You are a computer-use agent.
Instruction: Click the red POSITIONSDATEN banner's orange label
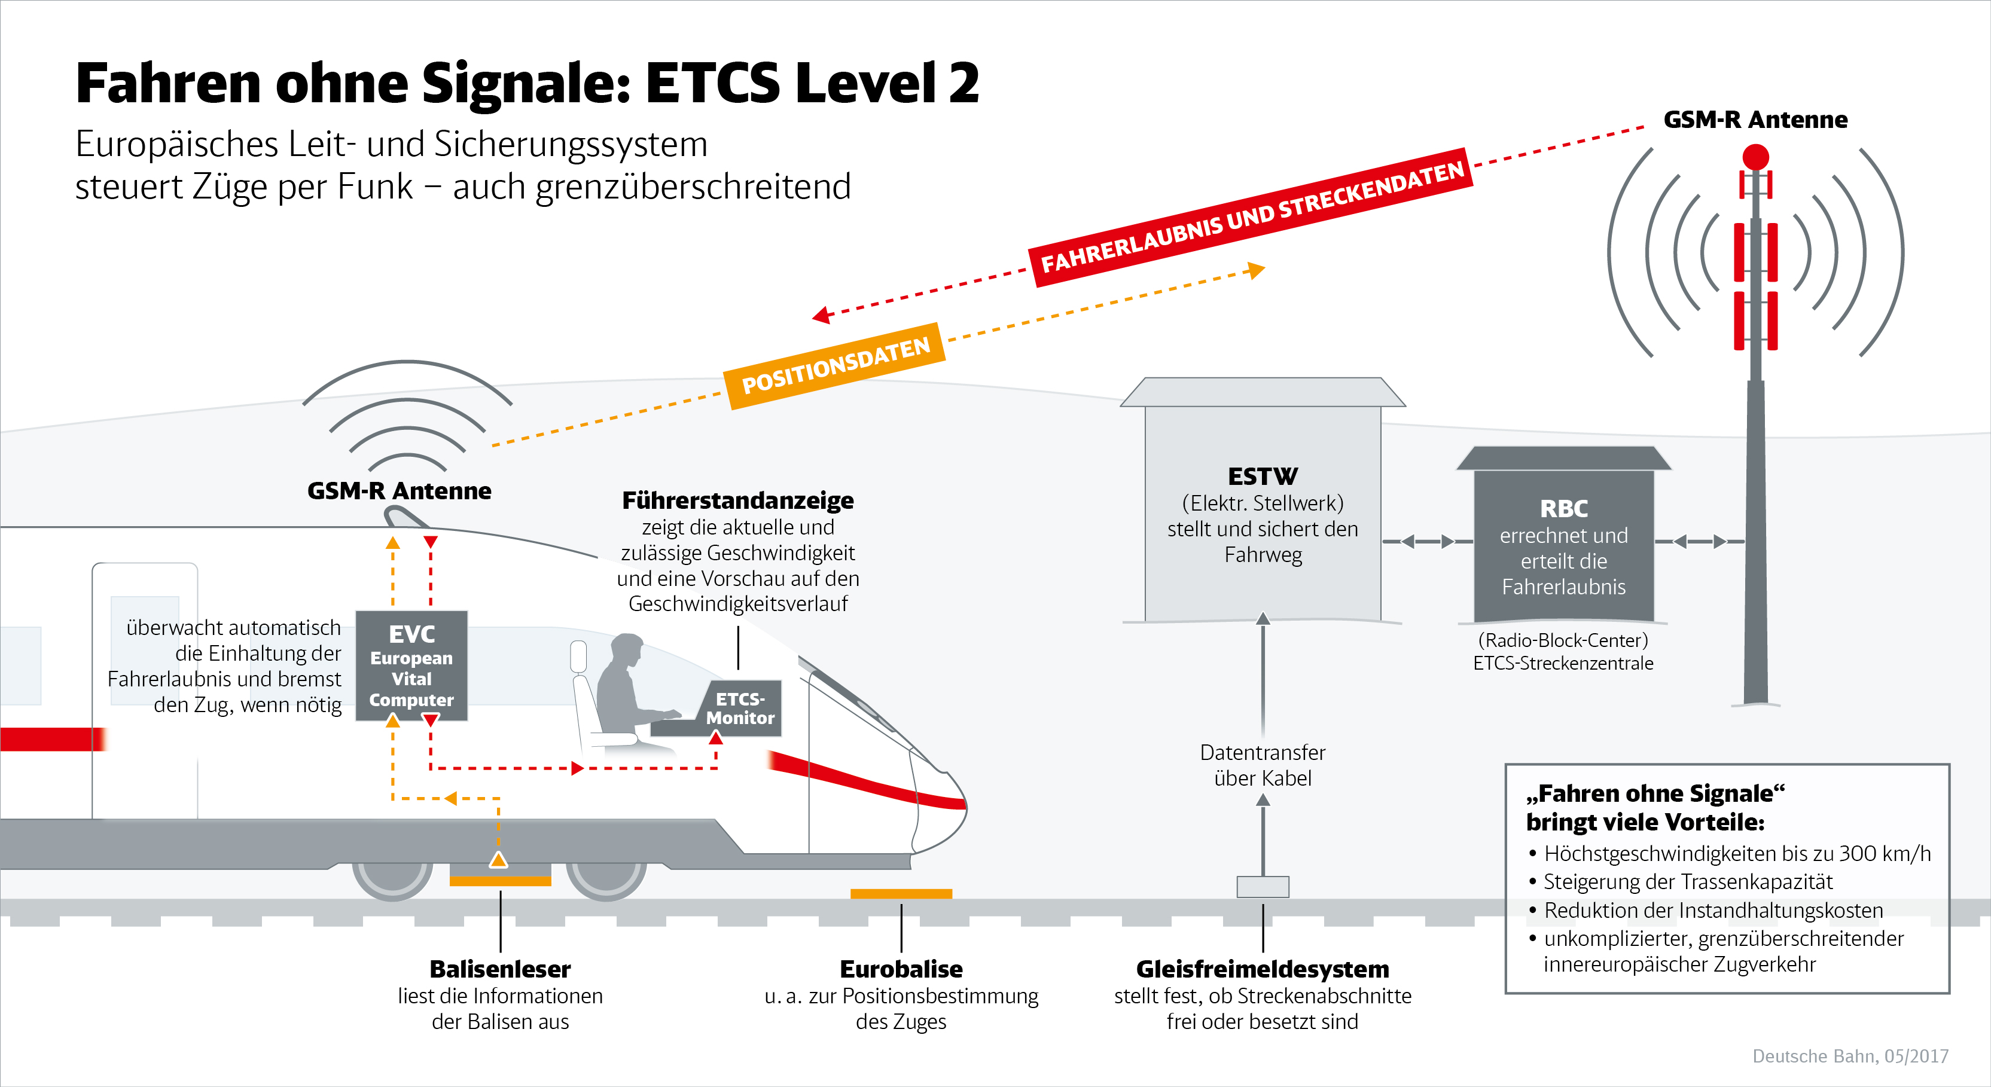pos(835,365)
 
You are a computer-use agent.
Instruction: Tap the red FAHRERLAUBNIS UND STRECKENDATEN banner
pos(1251,217)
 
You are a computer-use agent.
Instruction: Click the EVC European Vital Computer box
pos(411,666)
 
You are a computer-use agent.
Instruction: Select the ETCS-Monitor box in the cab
pos(740,709)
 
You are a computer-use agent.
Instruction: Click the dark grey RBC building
pos(1563,545)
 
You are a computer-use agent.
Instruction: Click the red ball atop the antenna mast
pos(1755,157)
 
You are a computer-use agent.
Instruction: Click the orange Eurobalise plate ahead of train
pos(901,894)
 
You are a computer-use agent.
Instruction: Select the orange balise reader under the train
pos(500,881)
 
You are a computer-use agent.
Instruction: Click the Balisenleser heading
pos(500,969)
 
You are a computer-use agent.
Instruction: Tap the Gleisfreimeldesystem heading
pos(1262,969)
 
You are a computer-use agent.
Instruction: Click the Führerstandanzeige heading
pos(737,500)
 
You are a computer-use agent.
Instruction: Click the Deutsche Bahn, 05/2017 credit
pos(1850,1056)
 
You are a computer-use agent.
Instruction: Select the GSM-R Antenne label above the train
pos(399,490)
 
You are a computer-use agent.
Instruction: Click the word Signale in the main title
pos(526,84)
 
